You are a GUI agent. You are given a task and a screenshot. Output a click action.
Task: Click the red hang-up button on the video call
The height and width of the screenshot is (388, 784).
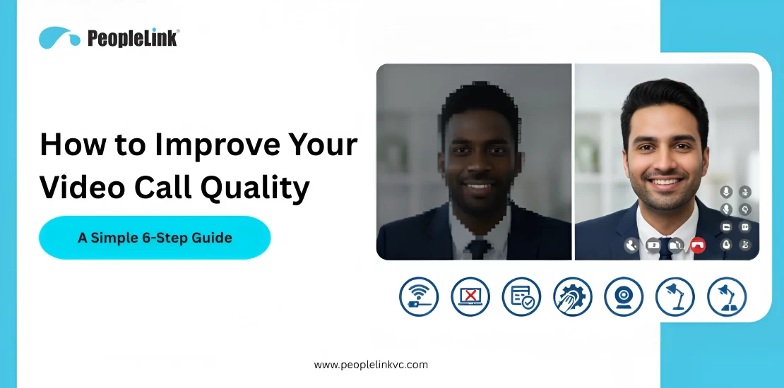coord(698,245)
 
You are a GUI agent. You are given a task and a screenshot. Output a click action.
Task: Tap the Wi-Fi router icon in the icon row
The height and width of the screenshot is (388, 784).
coord(419,296)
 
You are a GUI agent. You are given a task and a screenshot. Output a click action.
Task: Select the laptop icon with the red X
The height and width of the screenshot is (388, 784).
coord(470,296)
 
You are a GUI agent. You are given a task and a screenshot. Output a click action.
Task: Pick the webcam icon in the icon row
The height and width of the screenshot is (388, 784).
coord(624,296)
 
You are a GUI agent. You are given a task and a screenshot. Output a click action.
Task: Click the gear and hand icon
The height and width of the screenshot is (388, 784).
coord(573,296)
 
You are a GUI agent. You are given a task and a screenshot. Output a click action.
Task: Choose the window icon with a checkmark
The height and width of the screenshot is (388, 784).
coord(522,296)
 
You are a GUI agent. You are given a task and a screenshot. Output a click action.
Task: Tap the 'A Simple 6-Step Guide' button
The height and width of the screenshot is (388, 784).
coord(155,238)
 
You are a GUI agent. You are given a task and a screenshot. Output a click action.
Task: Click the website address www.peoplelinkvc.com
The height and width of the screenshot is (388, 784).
coord(371,365)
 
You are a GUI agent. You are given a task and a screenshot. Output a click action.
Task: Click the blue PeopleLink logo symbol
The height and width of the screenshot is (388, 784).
coord(59,37)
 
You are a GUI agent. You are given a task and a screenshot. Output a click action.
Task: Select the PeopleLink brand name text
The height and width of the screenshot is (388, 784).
coord(133,38)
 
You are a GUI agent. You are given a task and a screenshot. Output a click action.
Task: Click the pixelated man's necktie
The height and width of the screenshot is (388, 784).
coord(478,248)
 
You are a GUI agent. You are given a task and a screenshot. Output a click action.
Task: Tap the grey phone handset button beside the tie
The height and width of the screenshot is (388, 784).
coord(631,245)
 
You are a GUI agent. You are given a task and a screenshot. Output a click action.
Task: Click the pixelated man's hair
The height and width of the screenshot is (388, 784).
coord(480,106)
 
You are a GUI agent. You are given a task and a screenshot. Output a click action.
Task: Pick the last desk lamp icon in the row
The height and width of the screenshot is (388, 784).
coord(727,296)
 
